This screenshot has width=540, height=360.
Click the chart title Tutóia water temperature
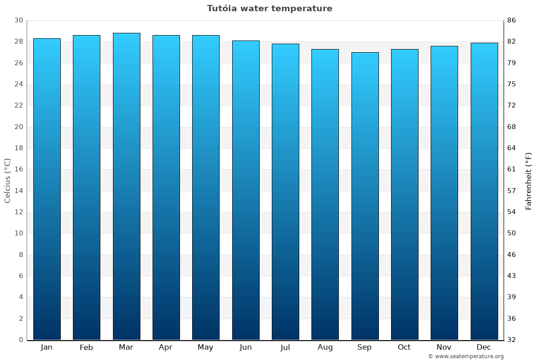[270, 9]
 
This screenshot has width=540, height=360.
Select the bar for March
[126, 186]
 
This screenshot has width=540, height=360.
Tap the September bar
[365, 196]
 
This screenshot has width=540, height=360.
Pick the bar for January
[47, 189]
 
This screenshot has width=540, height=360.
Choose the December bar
[484, 191]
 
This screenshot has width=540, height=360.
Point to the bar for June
[246, 190]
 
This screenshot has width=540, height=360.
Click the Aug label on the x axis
[325, 347]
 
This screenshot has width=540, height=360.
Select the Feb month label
[86, 347]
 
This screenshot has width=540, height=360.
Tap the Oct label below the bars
[404, 347]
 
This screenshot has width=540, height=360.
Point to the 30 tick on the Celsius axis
[19, 20]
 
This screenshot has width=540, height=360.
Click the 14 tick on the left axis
[19, 191]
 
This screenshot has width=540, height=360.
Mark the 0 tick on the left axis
[21, 340]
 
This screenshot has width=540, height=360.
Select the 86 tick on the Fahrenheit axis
[512, 20]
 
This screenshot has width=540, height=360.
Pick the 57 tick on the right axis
[512, 191]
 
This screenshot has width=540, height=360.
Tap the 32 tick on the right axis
[512, 340]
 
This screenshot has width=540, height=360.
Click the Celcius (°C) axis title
[8, 180]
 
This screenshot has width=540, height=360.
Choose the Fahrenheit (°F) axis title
[529, 180]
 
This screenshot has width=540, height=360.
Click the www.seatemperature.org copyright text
[466, 356]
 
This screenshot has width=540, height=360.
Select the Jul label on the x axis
[285, 347]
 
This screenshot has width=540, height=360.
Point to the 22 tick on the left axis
[19, 105]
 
